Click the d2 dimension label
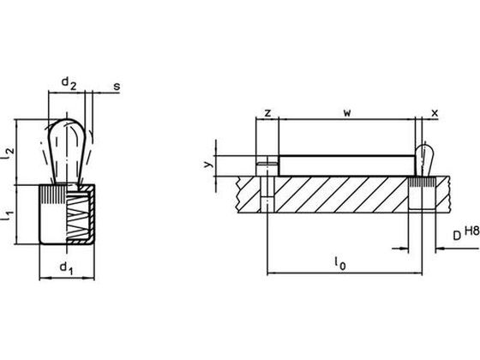(69, 84)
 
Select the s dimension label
(117, 87)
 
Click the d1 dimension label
(67, 268)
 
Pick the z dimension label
(267, 113)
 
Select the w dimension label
(347, 113)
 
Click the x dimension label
(435, 113)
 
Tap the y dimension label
(209, 165)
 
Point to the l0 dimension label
(339, 263)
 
